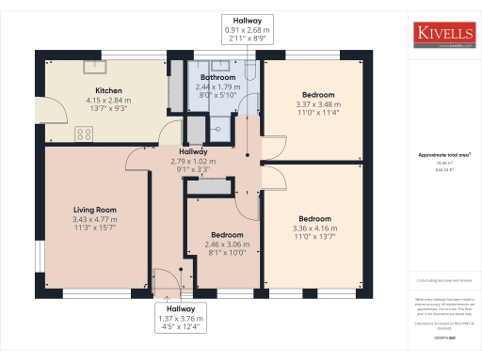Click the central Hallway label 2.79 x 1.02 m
[x=193, y=161]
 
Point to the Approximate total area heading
[x=444, y=154]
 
